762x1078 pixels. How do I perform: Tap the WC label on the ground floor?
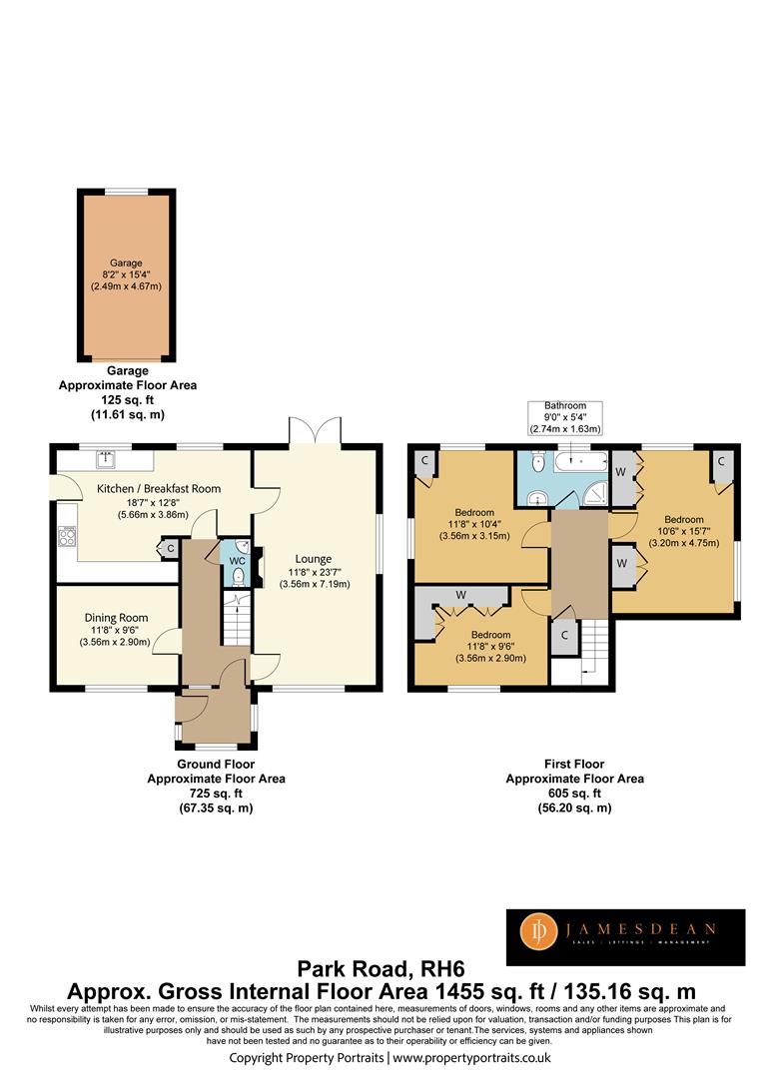pos(238,561)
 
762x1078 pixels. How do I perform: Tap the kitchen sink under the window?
pos(107,458)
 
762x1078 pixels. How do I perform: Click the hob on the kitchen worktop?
pos(67,536)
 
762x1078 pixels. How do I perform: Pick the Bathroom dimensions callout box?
pos(565,417)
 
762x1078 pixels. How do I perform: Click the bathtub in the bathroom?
pos(582,460)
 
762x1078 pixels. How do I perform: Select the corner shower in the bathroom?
pos(597,493)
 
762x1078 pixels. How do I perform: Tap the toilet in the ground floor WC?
pos(238,576)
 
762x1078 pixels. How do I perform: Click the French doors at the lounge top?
pos(315,432)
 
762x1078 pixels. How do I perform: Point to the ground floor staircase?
pos(238,620)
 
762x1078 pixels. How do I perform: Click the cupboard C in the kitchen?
pos(170,549)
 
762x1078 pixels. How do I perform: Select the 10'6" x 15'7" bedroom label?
pos(683,531)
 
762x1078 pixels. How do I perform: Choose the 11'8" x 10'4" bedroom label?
pos(474,524)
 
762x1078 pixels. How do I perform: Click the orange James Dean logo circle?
pos(539,931)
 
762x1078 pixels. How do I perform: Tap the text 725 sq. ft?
pos(216,794)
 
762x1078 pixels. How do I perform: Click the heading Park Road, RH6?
pos(381,969)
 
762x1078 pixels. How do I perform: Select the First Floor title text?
pos(574,764)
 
